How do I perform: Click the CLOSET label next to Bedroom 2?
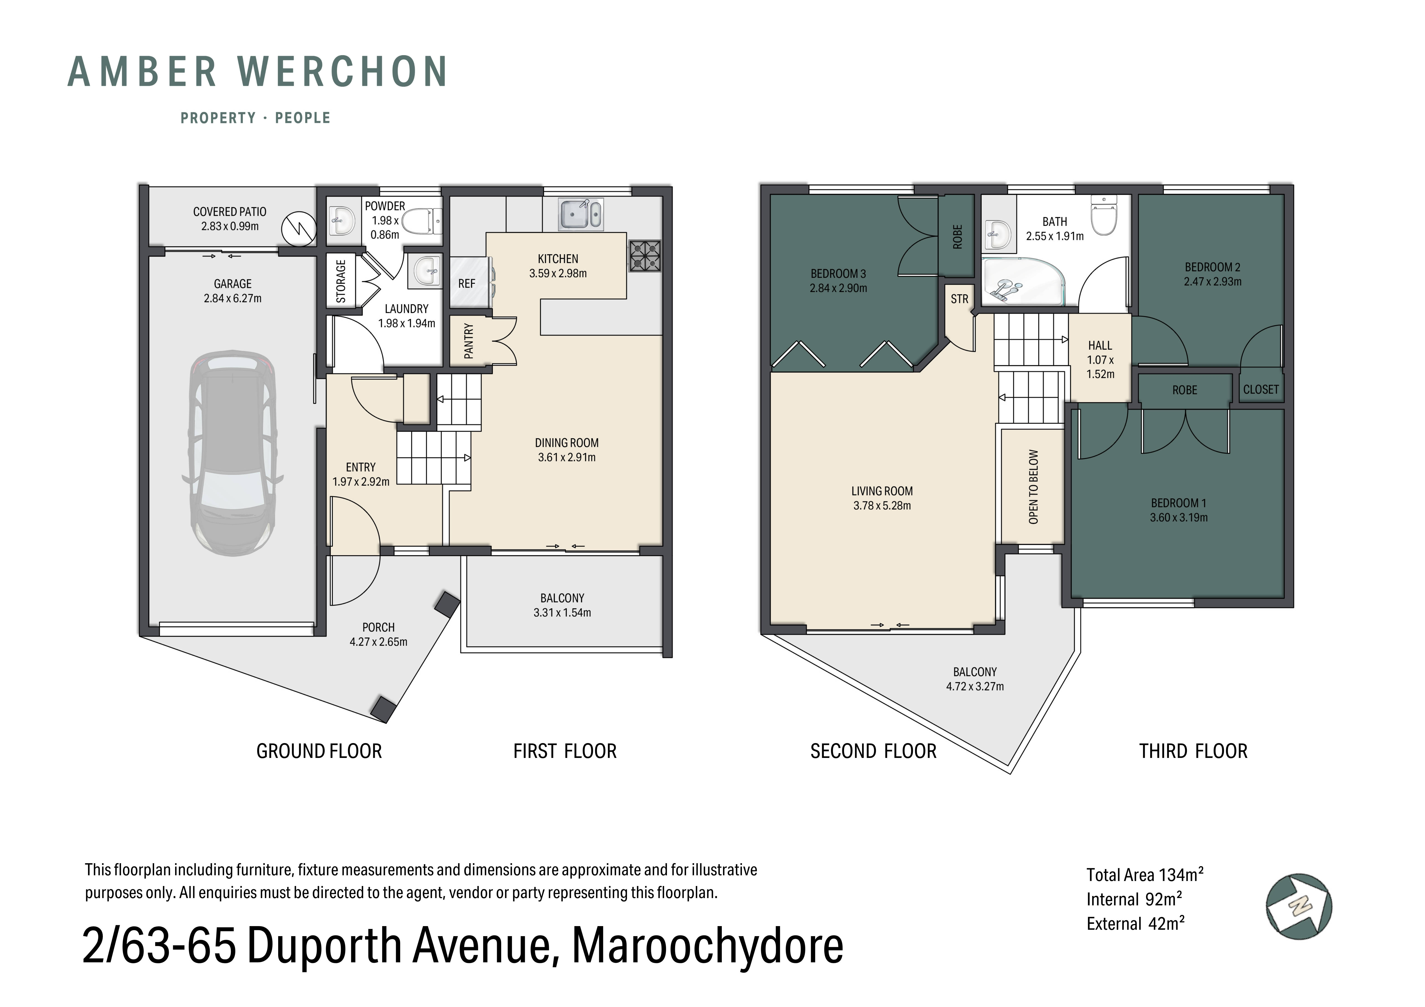[1261, 390]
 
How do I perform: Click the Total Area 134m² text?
[1145, 875]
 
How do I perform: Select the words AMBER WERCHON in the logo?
[257, 72]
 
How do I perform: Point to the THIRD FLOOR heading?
[1192, 751]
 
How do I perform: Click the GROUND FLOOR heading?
[319, 751]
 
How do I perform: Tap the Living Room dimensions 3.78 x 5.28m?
[881, 506]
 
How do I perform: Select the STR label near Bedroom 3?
[959, 299]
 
